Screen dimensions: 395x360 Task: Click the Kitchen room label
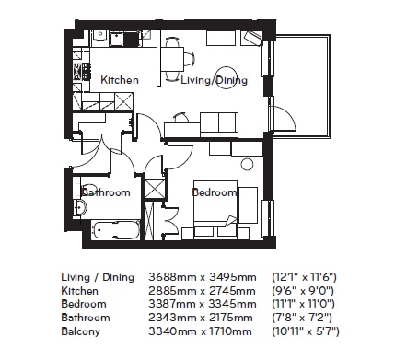coord(120,80)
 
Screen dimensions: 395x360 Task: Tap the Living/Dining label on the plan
coord(214,80)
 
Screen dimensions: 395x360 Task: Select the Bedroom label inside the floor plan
coord(215,192)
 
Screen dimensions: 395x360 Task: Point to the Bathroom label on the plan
coord(106,192)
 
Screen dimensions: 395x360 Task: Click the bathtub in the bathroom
coord(116,230)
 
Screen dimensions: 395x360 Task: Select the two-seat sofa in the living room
coord(219,124)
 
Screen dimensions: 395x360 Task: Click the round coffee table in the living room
coord(227,78)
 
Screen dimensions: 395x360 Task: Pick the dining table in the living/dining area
coord(172,59)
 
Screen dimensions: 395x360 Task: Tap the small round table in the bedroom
coord(247,164)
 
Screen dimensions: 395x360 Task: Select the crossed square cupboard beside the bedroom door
coord(155,189)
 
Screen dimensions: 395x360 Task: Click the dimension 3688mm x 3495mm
coord(203,277)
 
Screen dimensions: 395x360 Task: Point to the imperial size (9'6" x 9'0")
coord(303,291)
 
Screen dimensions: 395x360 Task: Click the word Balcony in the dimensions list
coord(81,331)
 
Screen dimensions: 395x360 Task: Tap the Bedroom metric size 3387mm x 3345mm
coord(203,304)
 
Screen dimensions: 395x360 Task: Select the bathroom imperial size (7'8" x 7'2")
coord(302,318)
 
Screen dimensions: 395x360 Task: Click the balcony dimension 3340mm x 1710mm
coord(200,331)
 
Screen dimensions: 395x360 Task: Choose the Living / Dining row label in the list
coord(98,277)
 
